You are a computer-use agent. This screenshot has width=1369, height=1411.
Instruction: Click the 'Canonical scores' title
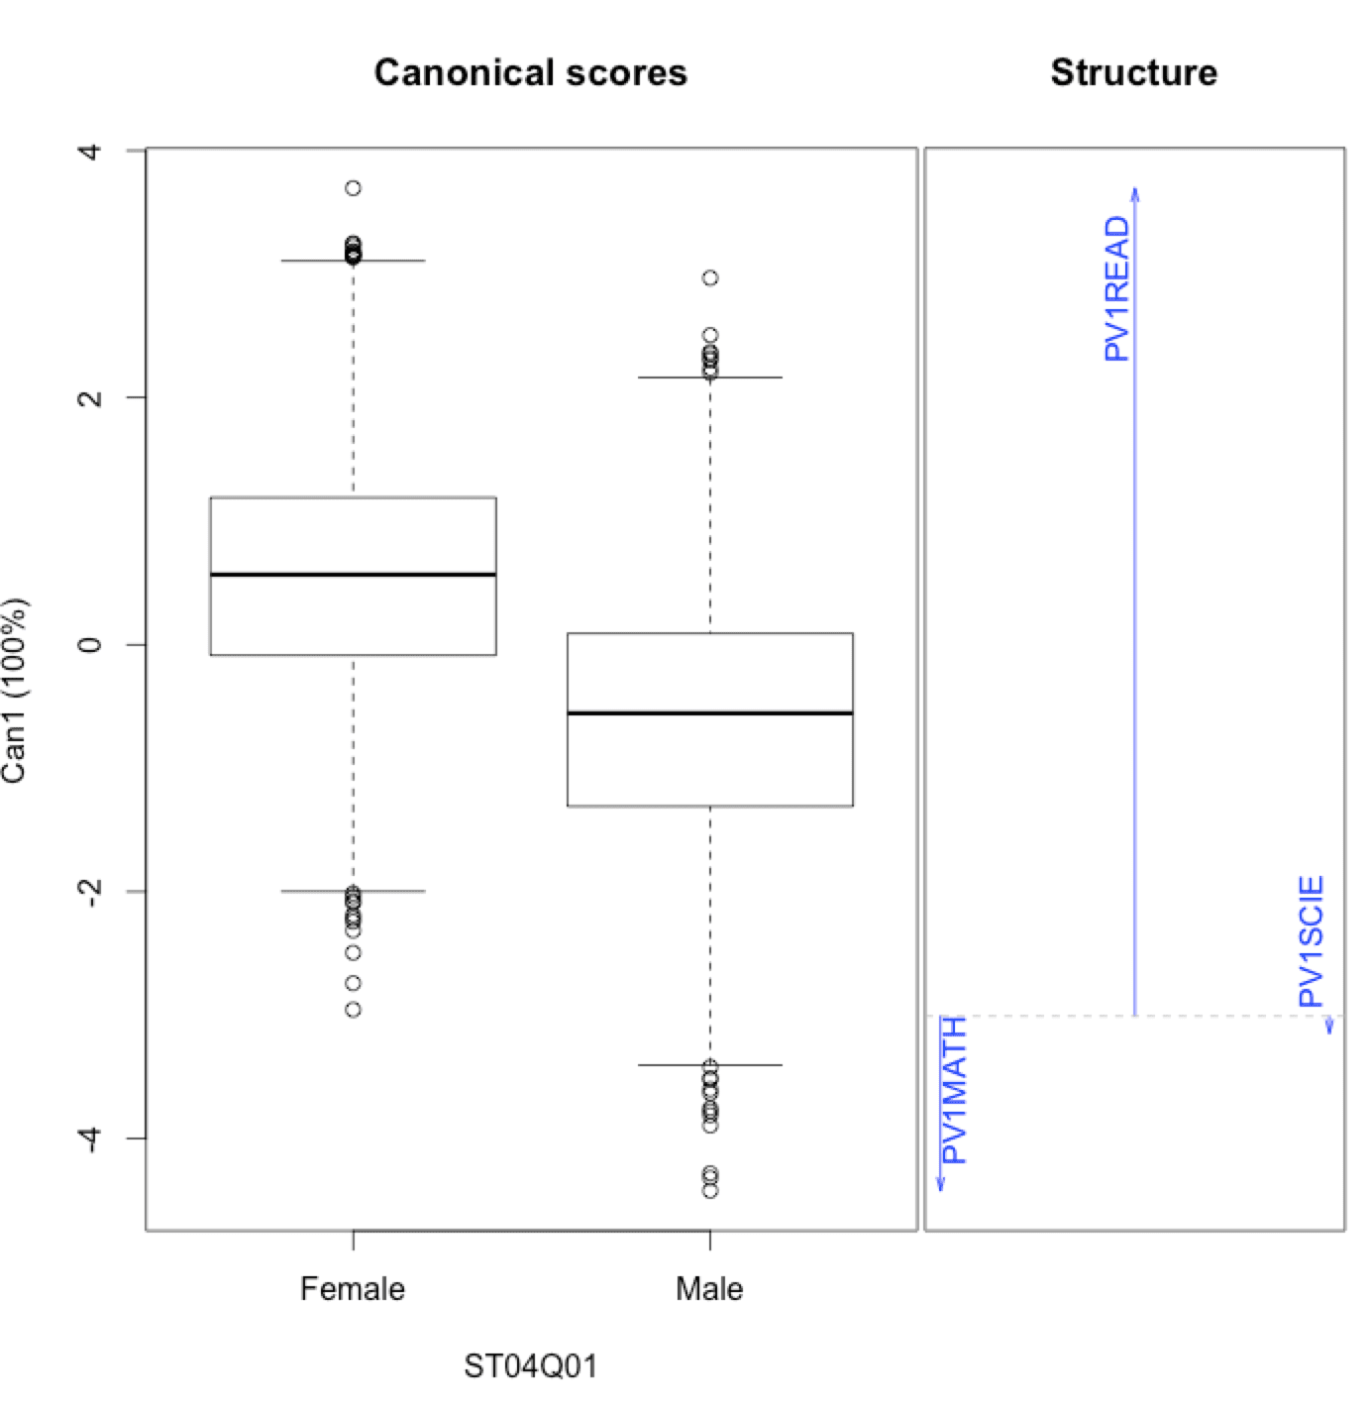tap(530, 73)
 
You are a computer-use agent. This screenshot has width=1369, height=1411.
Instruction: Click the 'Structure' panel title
tap(1133, 73)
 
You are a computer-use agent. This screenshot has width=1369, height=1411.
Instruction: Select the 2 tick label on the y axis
tap(91, 397)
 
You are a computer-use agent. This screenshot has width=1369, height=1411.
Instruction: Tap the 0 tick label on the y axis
tap(91, 644)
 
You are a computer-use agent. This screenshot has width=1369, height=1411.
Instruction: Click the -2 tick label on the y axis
tap(91, 891)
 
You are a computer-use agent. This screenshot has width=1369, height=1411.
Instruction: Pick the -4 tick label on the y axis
tap(91, 1138)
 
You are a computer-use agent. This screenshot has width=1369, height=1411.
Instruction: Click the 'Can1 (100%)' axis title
tap(15, 691)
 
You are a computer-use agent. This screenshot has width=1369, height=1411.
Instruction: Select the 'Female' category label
tap(353, 1289)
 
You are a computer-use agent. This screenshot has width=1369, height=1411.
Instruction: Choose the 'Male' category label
tap(709, 1289)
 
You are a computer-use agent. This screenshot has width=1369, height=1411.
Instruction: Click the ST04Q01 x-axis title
tap(530, 1367)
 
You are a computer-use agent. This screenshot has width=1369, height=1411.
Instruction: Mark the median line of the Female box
tap(353, 575)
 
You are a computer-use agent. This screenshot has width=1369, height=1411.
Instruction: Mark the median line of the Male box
tap(709, 713)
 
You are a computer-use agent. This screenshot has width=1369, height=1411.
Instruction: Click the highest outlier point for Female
tap(353, 188)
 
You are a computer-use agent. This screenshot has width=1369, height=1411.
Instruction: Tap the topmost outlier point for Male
tap(710, 278)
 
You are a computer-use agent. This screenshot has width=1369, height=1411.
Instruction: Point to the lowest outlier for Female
tap(353, 1010)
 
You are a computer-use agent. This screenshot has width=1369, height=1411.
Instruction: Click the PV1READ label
tap(1116, 288)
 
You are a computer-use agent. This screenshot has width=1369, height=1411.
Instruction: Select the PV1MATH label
tap(953, 1090)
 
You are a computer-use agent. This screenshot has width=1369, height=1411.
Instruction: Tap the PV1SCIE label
tap(1312, 941)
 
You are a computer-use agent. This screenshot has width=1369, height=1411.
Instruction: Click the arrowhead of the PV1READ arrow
tap(1135, 190)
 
